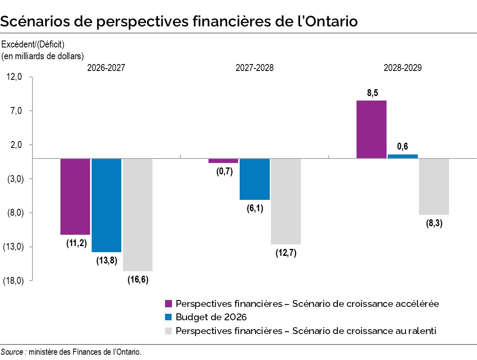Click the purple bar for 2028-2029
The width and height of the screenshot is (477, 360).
[371, 129]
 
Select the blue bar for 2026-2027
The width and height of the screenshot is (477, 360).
[106, 205]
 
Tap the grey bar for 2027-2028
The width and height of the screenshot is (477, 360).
[286, 201]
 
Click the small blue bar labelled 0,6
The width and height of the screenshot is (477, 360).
[402, 156]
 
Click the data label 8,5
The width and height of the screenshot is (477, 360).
[372, 93]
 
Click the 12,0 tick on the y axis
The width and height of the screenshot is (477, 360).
[14, 77]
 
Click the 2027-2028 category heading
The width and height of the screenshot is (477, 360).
[254, 68]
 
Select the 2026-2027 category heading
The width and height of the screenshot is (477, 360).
[106, 68]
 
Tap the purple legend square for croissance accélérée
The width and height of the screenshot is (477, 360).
[169, 304]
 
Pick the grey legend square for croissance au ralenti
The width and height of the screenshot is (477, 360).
[169, 331]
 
